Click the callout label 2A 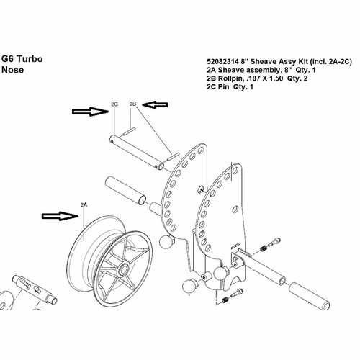tap(84, 205)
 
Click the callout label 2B tap(132, 104)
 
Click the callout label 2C tap(114, 104)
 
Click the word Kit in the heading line tap(284, 62)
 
